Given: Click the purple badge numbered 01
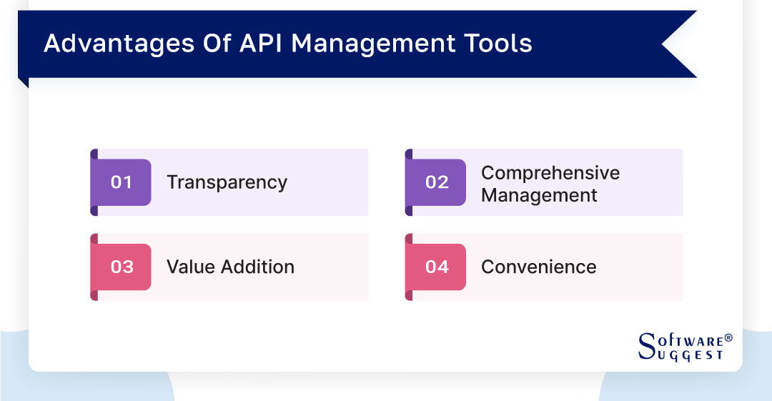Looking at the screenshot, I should (122, 182).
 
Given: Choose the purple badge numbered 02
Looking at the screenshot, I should (436, 182).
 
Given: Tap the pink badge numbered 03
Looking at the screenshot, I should (122, 267).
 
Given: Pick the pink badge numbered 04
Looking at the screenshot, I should (436, 267).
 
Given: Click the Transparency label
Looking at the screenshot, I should (227, 182).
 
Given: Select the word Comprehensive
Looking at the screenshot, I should (550, 173).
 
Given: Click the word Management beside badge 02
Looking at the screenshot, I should (539, 195).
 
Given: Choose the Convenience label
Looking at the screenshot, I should (538, 267).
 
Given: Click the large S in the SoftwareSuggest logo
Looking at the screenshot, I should (646, 346).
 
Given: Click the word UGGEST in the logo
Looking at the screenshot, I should (689, 354).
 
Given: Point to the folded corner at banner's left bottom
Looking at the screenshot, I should (24, 82).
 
